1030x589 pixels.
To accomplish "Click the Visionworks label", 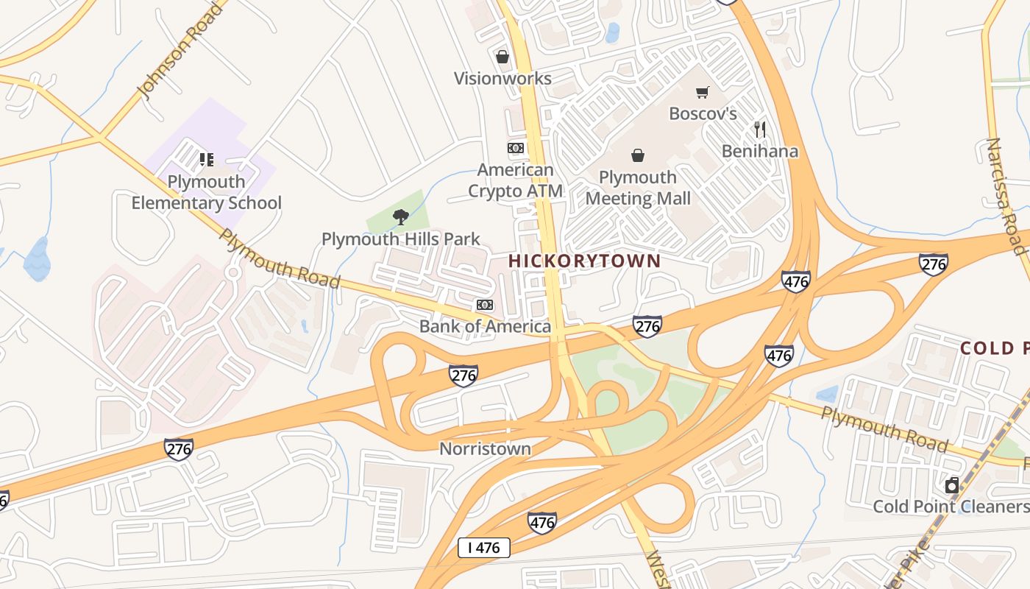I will point(502,79).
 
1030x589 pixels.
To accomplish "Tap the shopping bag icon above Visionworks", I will point(502,57).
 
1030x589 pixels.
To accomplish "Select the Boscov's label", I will point(703,114).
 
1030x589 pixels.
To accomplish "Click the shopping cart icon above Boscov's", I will point(703,92).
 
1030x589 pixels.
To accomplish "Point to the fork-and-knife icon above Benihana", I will point(760,130).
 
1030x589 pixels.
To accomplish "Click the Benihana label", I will point(760,152).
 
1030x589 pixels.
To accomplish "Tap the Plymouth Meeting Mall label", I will point(638,188).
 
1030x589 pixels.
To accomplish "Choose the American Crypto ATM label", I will point(516,180).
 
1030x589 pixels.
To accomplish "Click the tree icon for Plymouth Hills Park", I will point(401,216).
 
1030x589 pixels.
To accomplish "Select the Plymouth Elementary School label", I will point(206,192).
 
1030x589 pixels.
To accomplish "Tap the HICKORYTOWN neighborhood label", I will point(584,261).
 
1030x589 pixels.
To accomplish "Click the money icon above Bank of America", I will point(485,305).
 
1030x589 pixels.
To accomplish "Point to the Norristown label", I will point(485,448).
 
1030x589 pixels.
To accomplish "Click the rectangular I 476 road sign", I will point(483,548).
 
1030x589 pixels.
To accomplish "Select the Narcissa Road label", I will point(1006,196).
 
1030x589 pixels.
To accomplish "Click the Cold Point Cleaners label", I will point(951,507).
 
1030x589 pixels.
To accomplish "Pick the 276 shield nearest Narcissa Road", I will point(933,264).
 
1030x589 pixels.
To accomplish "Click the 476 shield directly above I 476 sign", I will point(541,523).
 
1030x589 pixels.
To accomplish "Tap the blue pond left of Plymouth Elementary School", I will point(36,259).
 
